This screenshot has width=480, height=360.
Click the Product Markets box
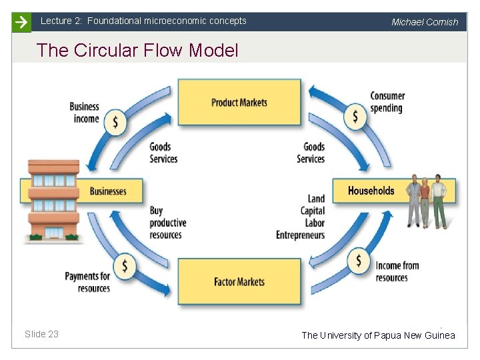tap(239, 102)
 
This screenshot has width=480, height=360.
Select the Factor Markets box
tap(239, 281)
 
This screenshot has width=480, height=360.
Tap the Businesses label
tap(108, 191)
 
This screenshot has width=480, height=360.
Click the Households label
tap(371, 191)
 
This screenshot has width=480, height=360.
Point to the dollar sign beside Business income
tap(116, 122)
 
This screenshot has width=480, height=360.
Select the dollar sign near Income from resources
tap(359, 259)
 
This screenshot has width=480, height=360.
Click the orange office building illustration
tap(54, 200)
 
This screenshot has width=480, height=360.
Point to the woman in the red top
tap(424, 201)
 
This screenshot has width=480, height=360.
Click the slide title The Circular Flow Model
tap(137, 50)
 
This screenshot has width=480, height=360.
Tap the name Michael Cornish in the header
tap(425, 22)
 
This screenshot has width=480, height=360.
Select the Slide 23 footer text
tap(41, 334)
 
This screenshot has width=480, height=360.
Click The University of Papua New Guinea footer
tap(378, 335)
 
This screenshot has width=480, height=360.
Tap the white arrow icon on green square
tap(21, 22)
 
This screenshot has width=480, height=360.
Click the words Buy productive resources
tap(167, 223)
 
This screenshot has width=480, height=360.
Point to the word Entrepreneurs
tap(300, 235)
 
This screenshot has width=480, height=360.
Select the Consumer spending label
tap(387, 101)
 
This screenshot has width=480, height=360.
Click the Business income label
tap(84, 113)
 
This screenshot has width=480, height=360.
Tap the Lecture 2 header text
tap(143, 21)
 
